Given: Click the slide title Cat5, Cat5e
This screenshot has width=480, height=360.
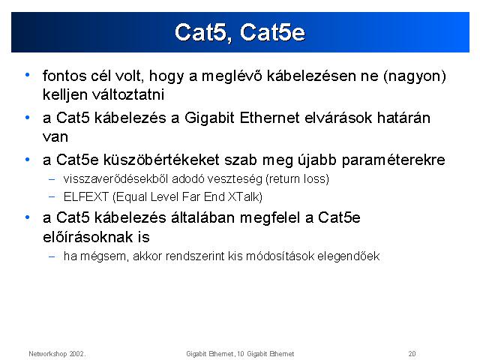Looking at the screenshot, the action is pyautogui.click(x=240, y=32).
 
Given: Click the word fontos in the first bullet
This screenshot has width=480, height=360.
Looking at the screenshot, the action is pyautogui.click(x=64, y=76).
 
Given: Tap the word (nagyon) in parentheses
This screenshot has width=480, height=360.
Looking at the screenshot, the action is pyautogui.click(x=415, y=76).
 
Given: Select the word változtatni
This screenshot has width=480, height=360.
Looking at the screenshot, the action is pyautogui.click(x=128, y=94).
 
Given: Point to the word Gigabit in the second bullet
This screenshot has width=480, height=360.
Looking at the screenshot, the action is pyautogui.click(x=209, y=118).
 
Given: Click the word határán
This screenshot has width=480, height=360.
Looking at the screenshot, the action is pyautogui.click(x=403, y=118).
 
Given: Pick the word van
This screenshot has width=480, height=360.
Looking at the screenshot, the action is pyautogui.click(x=55, y=137).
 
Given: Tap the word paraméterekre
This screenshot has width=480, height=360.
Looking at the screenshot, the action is pyautogui.click(x=393, y=160).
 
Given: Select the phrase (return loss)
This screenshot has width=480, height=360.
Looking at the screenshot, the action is pyautogui.click(x=297, y=178).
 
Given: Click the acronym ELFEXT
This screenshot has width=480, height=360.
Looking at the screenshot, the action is pyautogui.click(x=86, y=196).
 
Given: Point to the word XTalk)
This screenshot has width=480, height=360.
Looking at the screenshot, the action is pyautogui.click(x=245, y=196).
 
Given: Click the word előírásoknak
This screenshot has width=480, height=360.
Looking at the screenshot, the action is pyautogui.click(x=88, y=237).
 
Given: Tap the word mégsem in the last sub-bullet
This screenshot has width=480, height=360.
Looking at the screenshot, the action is pyautogui.click(x=103, y=256).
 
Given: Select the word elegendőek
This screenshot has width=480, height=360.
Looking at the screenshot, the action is pyautogui.click(x=348, y=256).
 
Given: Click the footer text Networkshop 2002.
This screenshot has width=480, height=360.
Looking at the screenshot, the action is pyautogui.click(x=57, y=354).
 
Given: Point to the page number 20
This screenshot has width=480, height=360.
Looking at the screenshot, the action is pyautogui.click(x=412, y=354).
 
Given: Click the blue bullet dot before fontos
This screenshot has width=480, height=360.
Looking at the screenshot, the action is pyautogui.click(x=28, y=75).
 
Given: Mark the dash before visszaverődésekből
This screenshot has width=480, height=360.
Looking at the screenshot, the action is pyautogui.click(x=52, y=179).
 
